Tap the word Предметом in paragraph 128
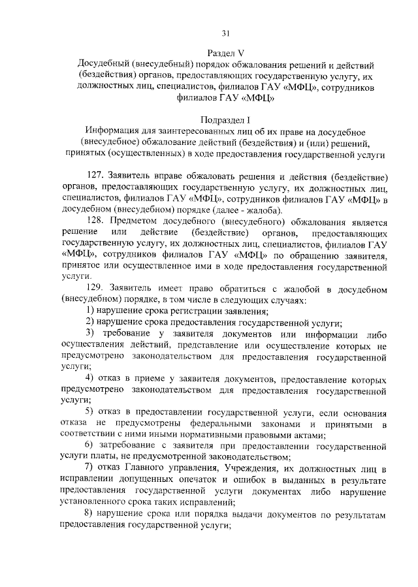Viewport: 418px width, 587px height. tap(137, 222)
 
